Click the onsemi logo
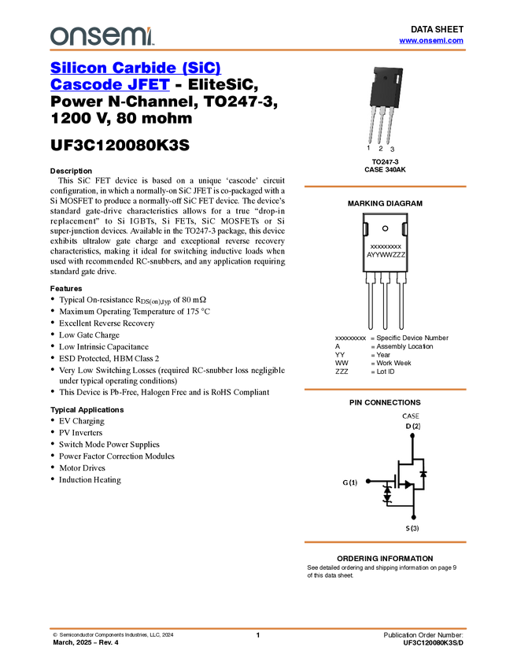[x=101, y=35]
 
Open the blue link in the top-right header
[x=431, y=40]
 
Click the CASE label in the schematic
[x=411, y=416]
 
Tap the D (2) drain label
[x=413, y=426]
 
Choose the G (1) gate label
[x=349, y=482]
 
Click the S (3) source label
[x=412, y=527]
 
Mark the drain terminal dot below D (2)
[x=413, y=435]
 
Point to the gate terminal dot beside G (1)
[x=368, y=481]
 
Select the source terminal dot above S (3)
[x=413, y=517]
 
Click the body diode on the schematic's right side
[x=423, y=474]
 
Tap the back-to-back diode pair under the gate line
[x=386, y=494]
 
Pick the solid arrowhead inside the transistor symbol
[x=408, y=485]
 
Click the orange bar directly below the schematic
[x=385, y=542]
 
